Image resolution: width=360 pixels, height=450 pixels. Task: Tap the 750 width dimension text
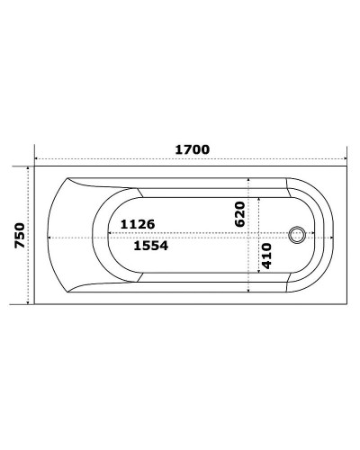click(18, 237)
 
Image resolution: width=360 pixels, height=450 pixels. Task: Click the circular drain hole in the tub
click(296, 237)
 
